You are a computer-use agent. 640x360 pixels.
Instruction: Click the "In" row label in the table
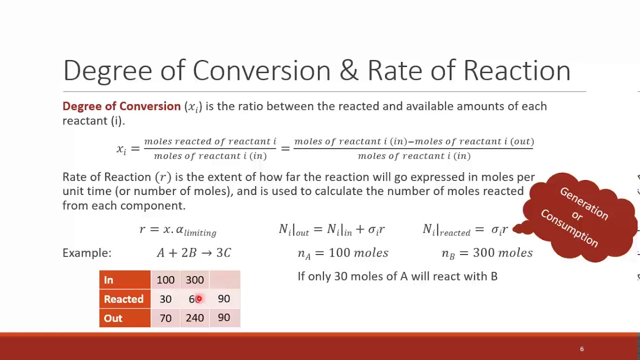108,280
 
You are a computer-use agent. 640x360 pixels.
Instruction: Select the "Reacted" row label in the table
123,299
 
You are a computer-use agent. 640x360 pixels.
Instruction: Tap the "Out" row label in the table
113,318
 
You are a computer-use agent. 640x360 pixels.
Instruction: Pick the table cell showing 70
165,318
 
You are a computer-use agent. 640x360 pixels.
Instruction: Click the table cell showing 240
194,318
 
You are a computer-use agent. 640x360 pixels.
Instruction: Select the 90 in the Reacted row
223,299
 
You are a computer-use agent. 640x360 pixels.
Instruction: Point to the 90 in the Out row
223,318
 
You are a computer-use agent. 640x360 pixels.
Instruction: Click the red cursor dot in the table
198,299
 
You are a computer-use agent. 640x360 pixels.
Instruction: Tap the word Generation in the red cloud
584,203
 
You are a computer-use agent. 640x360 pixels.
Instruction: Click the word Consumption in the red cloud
569,227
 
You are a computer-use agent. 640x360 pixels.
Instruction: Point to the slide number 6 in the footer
581,349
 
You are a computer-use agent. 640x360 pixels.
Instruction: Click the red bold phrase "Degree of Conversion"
121,106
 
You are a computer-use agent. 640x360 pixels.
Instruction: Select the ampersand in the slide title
348,70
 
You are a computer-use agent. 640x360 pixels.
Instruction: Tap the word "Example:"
87,253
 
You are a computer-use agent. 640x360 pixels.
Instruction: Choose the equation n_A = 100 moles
342,253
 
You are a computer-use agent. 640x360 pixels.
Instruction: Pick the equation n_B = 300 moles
487,253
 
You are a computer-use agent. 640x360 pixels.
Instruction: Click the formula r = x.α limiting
177,230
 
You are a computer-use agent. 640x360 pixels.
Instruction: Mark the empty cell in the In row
224,280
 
